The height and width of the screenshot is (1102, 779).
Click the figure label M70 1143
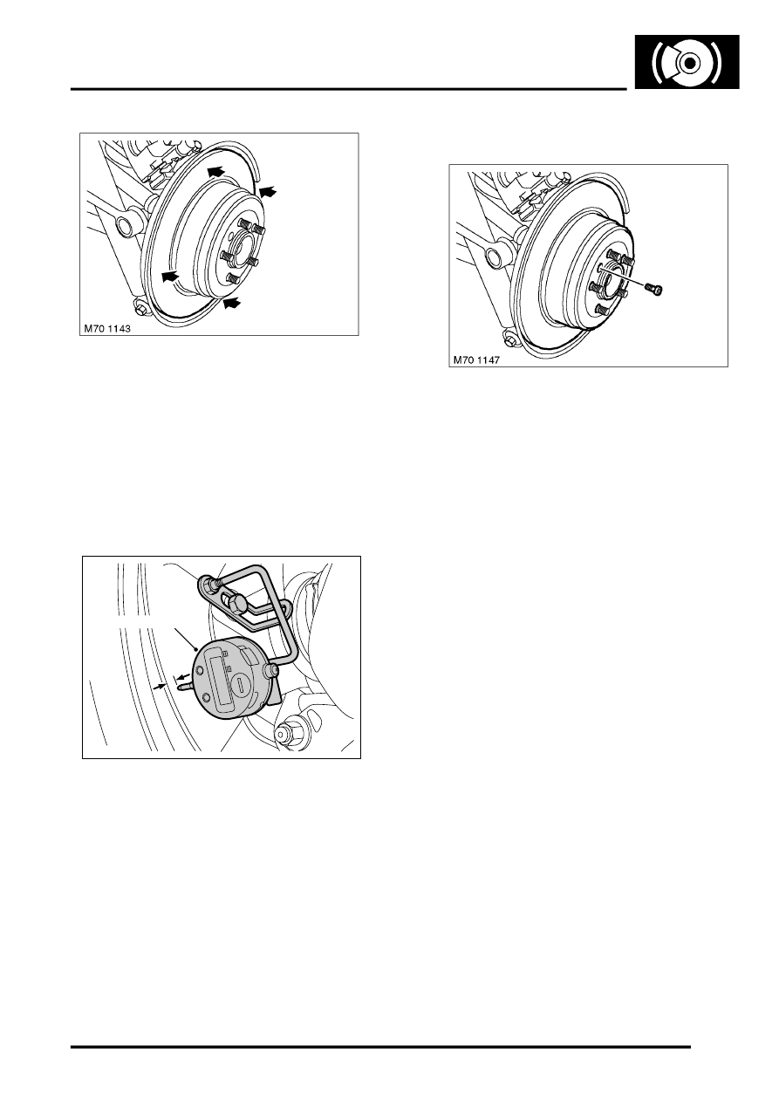point(107,329)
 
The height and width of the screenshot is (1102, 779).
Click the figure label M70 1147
point(476,360)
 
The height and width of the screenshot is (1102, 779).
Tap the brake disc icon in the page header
point(687,62)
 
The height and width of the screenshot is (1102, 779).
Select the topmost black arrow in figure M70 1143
point(215,172)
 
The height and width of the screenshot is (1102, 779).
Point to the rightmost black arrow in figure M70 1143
point(268,191)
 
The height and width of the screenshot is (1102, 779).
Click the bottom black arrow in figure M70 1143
point(233,303)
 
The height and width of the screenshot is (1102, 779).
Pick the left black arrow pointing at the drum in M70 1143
point(170,277)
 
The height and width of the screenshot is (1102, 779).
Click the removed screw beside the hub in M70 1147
point(655,290)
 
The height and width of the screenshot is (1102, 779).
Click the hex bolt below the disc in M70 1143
point(140,309)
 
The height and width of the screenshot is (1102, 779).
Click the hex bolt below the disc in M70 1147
point(509,340)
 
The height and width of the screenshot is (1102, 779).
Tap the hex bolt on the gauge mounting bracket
point(236,604)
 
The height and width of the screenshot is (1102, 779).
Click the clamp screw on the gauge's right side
point(272,669)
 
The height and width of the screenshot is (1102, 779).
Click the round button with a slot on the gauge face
point(241,685)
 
